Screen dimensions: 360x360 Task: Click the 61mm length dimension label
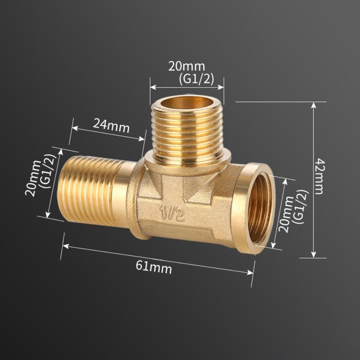tap(154, 267)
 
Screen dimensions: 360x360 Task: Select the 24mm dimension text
tap(111, 125)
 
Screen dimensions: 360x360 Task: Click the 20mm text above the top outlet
tap(186, 67)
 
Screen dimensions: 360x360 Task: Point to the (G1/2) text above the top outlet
tap(196, 79)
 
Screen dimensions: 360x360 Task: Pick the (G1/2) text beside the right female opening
tap(301, 207)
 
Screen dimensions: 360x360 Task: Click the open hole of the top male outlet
tap(186, 103)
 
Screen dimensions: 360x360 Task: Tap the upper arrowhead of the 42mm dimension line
tap(314, 105)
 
